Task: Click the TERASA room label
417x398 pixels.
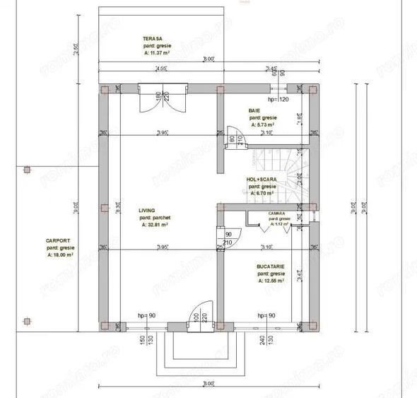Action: tap(153, 39)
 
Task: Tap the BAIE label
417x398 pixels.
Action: tap(254, 111)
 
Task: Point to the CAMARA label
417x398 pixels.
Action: tap(276, 213)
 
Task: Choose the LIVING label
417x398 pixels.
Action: tap(147, 211)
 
